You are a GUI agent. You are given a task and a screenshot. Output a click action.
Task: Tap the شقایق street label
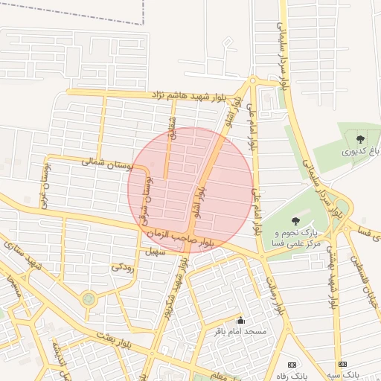coord(173,135)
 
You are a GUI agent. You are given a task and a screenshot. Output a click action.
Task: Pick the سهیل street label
coord(154,252)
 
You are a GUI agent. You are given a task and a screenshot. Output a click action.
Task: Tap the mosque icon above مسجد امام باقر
coord(240,321)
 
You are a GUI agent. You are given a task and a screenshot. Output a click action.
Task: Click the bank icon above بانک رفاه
coord(292,365)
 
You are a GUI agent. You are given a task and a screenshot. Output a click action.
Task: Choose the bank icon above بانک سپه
coord(342,365)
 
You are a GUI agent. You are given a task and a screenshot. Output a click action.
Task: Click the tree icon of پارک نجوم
coord(295,220)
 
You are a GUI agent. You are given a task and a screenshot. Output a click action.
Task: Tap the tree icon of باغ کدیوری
coord(361,138)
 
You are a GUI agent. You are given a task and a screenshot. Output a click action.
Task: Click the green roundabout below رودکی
coord(89,299)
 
